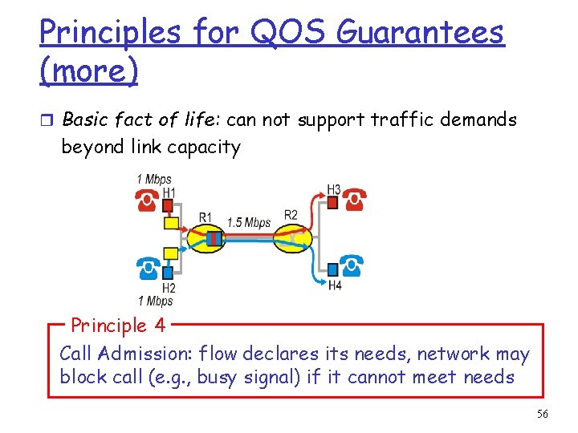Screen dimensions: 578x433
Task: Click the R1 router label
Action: pyautogui.click(x=206, y=217)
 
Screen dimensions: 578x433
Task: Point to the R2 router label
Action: pyautogui.click(x=291, y=215)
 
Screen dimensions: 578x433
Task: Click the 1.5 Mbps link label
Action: pyautogui.click(x=249, y=222)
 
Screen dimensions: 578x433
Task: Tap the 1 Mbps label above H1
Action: pyautogui.click(x=154, y=180)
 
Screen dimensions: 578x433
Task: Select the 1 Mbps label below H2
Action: pyautogui.click(x=155, y=301)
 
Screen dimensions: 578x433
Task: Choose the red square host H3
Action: pyautogui.click(x=332, y=203)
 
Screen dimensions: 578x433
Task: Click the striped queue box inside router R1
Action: pyautogui.click(x=214, y=238)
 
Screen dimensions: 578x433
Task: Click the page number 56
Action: pyautogui.click(x=542, y=414)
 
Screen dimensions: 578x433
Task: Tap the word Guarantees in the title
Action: pyautogui.click(x=421, y=33)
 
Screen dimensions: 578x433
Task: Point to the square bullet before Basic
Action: pyautogui.click(x=47, y=120)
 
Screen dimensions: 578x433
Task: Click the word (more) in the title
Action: pyautogui.click(x=88, y=71)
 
